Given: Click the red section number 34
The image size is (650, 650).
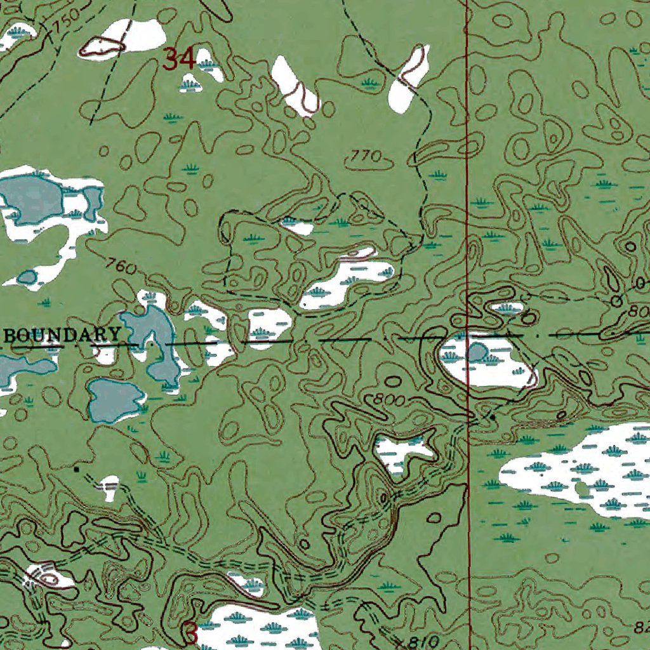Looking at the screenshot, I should (x=178, y=59).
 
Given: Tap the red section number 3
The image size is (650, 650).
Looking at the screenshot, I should (x=191, y=632).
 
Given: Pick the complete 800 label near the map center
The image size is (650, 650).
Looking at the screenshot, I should (x=386, y=400).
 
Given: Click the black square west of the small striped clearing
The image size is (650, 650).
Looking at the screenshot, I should (x=77, y=469).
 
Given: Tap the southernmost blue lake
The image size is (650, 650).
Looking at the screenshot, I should (x=114, y=401).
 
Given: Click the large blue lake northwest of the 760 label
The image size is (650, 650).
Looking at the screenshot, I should (x=32, y=198).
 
